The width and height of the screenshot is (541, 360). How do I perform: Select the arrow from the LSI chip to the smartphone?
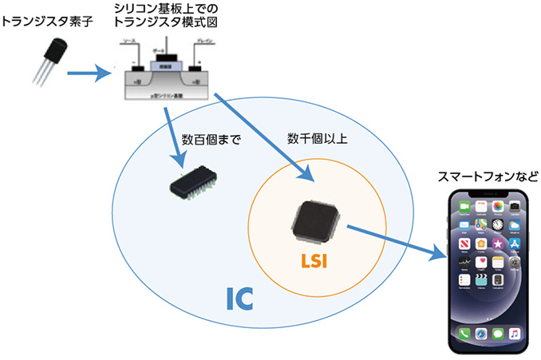point(395,242)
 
